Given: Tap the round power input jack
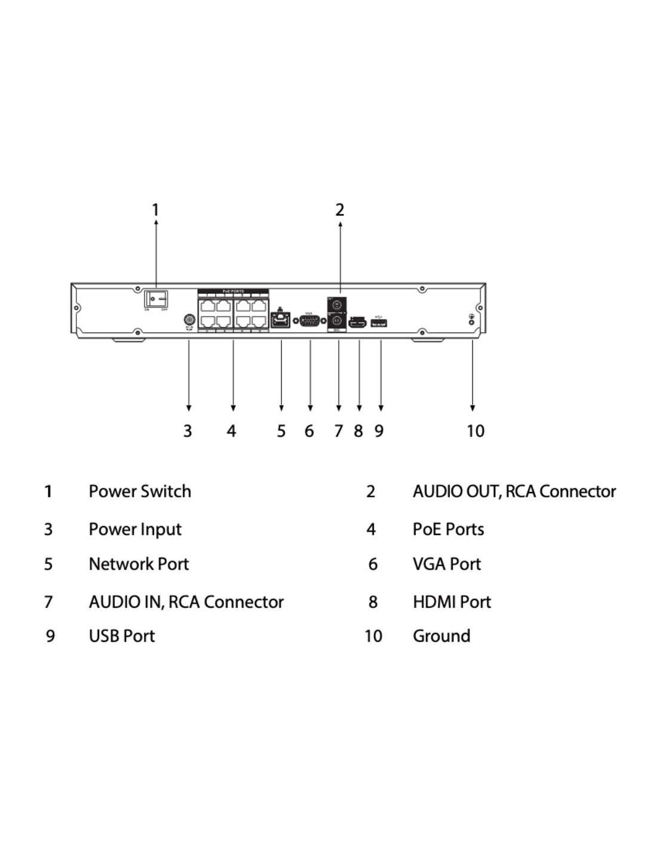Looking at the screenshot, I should (189, 321).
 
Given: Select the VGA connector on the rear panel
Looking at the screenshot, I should (309, 322).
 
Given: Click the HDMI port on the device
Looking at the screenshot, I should (357, 323).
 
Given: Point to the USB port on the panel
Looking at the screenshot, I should (379, 323).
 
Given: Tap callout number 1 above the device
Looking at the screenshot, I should (155, 210).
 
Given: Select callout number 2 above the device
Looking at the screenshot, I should (340, 210).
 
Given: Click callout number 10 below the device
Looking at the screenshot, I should (475, 430).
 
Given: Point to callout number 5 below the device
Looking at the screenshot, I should (281, 430).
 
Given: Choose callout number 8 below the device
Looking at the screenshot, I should (358, 430).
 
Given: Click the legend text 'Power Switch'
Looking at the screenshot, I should (140, 491).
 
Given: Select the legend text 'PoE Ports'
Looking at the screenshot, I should (448, 529).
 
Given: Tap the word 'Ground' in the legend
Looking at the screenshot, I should (441, 636).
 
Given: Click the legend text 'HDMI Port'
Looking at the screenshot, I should (452, 602).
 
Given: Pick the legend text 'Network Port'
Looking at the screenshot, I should (139, 564).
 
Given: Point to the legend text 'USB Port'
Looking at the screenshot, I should (122, 636).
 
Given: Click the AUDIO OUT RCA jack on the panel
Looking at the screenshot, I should (337, 304).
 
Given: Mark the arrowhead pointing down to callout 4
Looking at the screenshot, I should (233, 408).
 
